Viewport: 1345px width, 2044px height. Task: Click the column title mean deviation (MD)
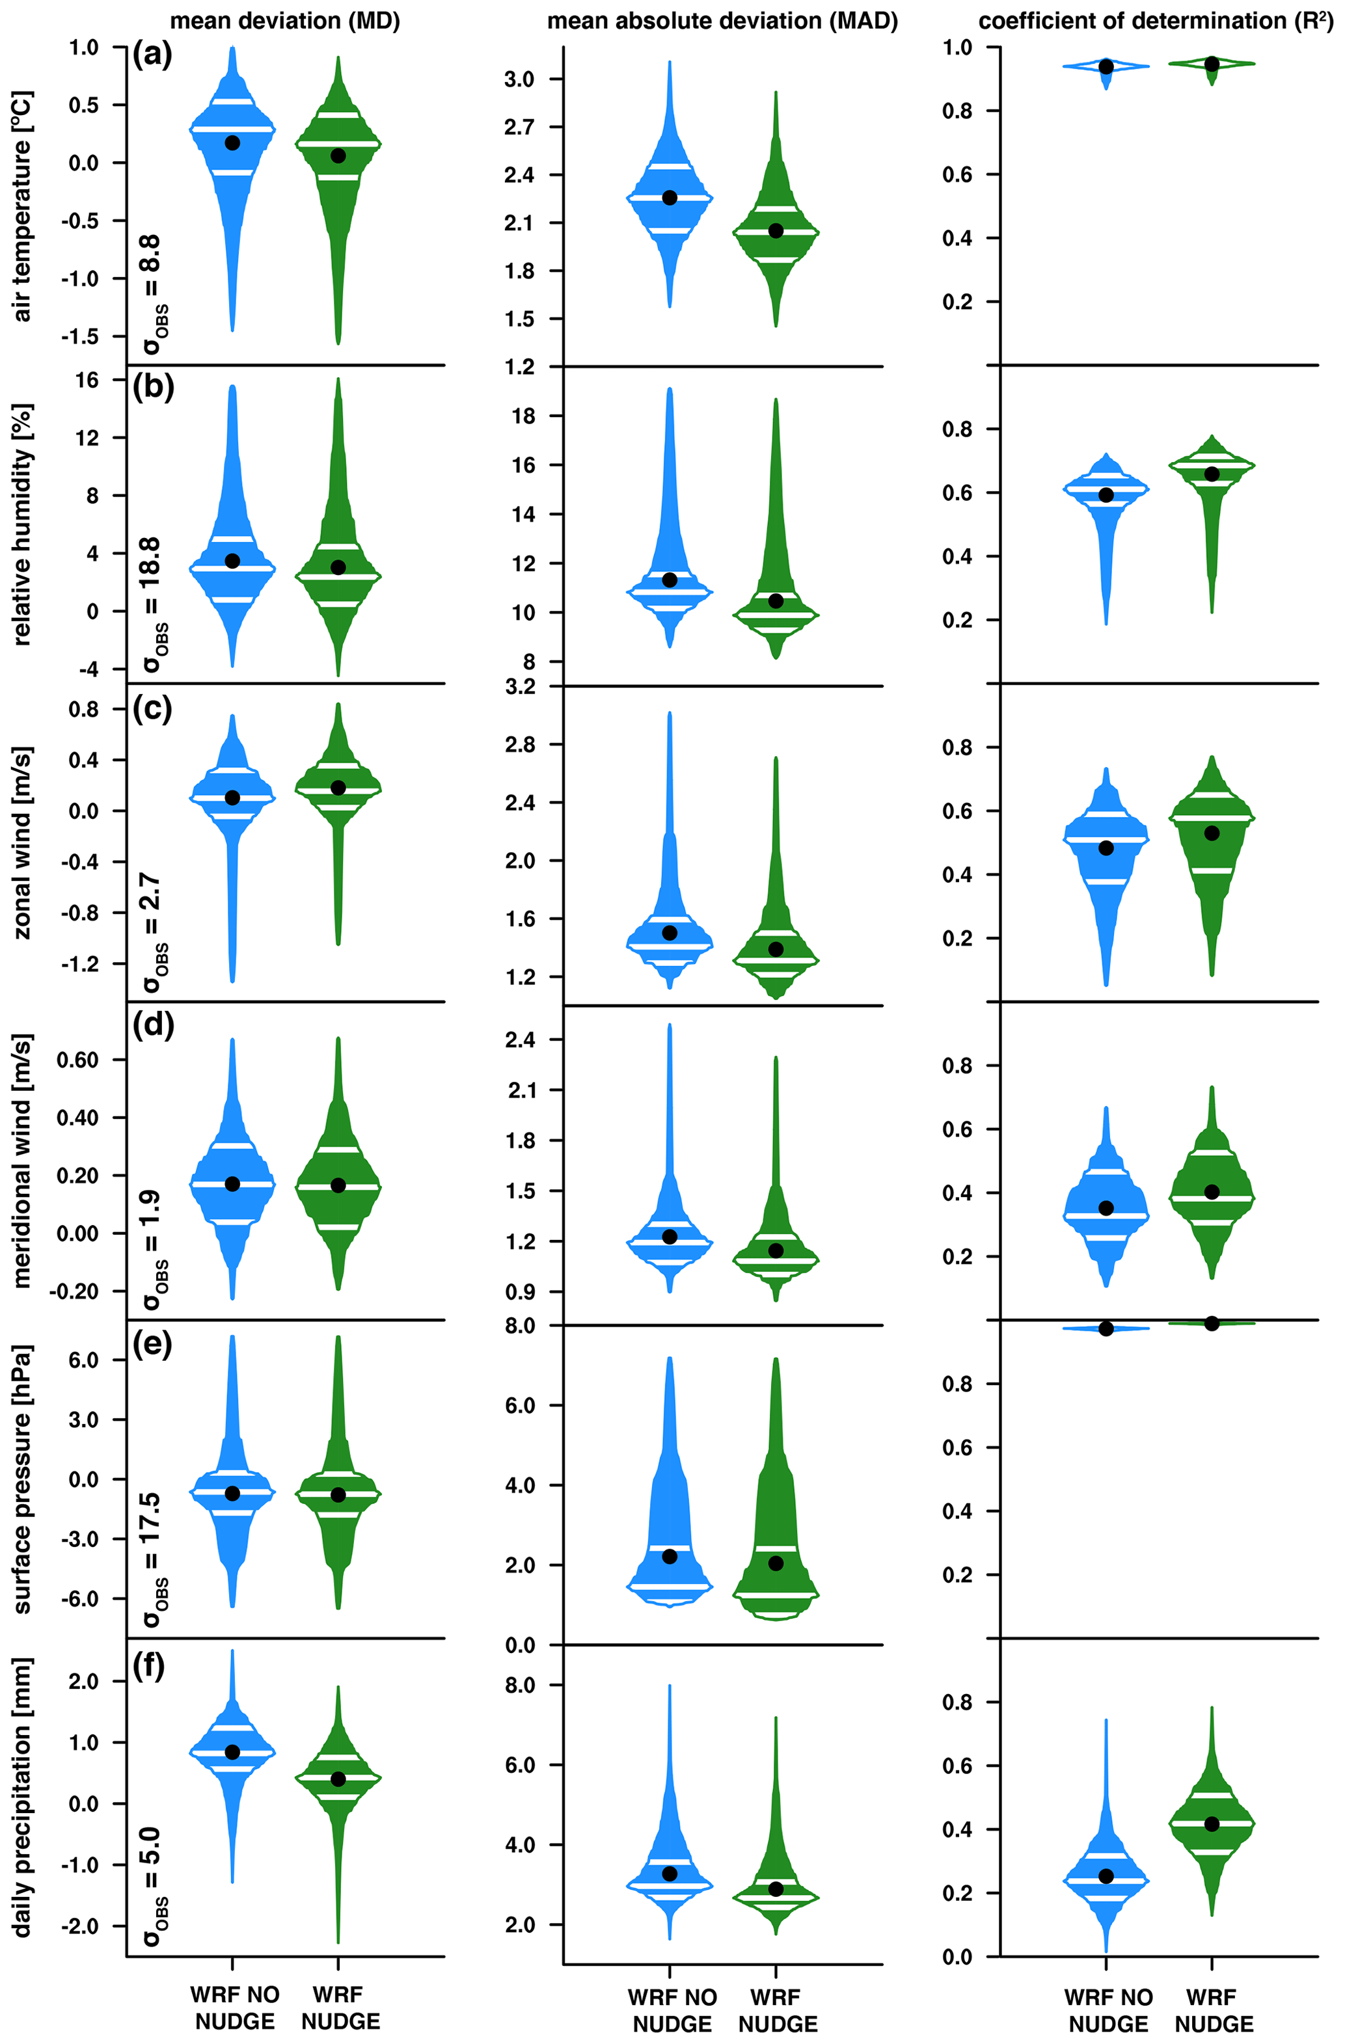coord(285,21)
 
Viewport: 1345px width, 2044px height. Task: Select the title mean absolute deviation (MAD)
coord(722,21)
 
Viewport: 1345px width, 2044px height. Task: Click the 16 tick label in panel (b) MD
coord(87,380)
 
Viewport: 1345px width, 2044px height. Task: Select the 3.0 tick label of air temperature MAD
coord(519,79)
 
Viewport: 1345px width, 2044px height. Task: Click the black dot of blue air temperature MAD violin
coord(670,198)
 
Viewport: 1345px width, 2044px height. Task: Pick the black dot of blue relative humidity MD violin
coord(232,561)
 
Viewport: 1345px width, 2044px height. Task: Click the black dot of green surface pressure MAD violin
coord(776,1563)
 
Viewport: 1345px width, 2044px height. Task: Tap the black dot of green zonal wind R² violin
coord(1212,833)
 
